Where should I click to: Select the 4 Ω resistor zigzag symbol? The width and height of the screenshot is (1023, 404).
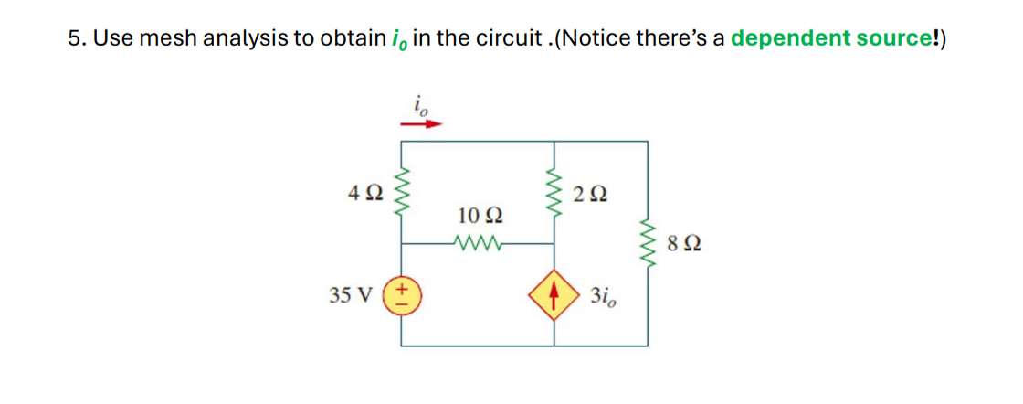[x=403, y=195]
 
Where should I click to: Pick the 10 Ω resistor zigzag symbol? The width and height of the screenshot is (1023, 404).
[x=478, y=244]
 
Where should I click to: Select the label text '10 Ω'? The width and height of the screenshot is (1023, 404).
[x=479, y=217]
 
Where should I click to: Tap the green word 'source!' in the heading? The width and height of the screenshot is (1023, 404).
[x=900, y=38]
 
